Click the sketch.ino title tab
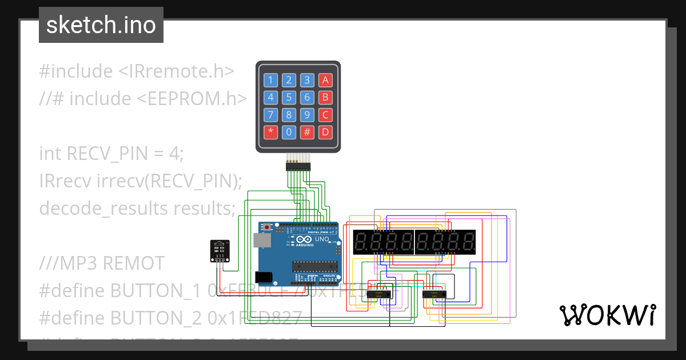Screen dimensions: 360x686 [101, 25]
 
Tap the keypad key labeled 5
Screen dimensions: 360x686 [289, 97]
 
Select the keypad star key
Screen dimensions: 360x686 [271, 133]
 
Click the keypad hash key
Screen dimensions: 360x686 [307, 133]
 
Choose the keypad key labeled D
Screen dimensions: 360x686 [325, 133]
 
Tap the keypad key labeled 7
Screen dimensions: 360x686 [271, 115]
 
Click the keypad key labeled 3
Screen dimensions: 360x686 [307, 80]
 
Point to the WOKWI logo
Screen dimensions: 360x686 [607, 315]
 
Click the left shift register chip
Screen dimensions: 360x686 [378, 294]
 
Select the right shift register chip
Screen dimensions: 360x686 [434, 294]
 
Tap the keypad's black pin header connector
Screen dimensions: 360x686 [297, 166]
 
